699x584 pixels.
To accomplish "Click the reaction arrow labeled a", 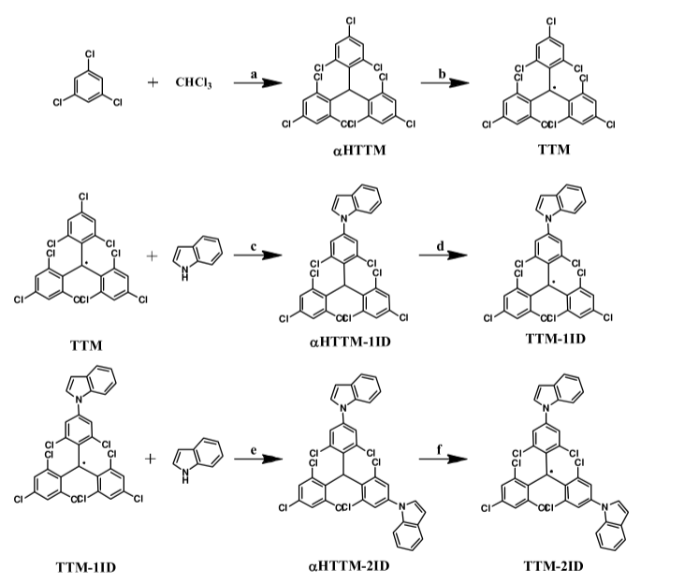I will (x=256, y=83).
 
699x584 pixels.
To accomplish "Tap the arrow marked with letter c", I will (x=256, y=257).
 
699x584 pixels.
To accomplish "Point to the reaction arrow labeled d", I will (x=444, y=257).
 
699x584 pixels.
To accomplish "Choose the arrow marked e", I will (x=258, y=460).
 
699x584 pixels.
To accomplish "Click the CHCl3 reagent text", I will (x=194, y=83).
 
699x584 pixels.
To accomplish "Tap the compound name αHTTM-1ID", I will (x=349, y=343).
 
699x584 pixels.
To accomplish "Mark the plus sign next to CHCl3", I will (x=153, y=83).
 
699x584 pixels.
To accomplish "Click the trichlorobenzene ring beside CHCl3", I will (x=90, y=87).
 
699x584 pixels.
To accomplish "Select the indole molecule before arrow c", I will (x=197, y=255).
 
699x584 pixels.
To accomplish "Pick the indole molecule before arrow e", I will (x=197, y=458).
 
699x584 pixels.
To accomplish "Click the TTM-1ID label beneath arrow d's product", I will (x=554, y=338).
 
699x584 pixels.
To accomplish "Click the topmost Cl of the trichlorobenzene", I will (x=90, y=54).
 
